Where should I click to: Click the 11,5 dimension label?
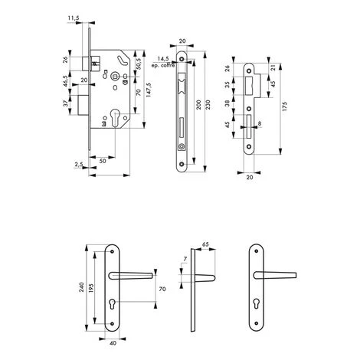[x=74, y=18]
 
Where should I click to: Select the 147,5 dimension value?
[x=149, y=90]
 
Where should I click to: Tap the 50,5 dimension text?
[x=139, y=64]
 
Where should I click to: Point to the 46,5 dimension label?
[x=66, y=81]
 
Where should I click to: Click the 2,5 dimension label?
[x=79, y=165]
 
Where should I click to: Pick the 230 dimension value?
[x=208, y=105]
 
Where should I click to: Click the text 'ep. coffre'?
[x=163, y=65]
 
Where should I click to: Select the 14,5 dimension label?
[x=163, y=59]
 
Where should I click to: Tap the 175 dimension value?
[x=285, y=106]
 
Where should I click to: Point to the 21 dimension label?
[x=273, y=68]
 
